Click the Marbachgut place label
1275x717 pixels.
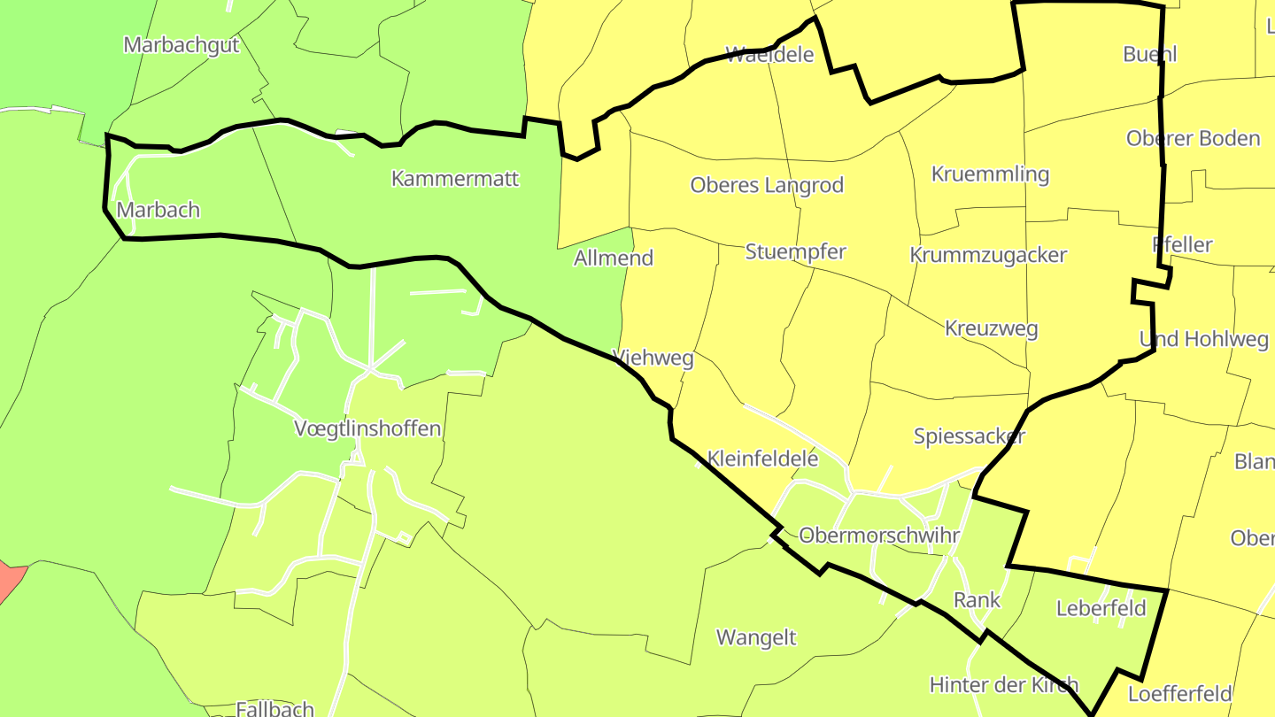click(182, 45)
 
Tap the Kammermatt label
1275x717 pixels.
click(455, 179)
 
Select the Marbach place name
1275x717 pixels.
click(158, 211)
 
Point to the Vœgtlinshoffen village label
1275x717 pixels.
click(367, 429)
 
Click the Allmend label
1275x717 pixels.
click(614, 258)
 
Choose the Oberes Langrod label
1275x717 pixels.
click(767, 186)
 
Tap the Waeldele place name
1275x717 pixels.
click(769, 55)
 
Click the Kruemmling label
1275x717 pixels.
click(990, 174)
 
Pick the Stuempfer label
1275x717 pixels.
click(795, 251)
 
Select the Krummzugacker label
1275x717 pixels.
click(988, 255)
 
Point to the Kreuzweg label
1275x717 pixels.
click(991, 329)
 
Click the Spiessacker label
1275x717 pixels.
click(970, 436)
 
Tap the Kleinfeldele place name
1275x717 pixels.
click(763, 459)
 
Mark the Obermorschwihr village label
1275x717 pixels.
click(879, 536)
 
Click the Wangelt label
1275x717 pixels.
click(756, 637)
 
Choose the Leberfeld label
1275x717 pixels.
click(1101, 609)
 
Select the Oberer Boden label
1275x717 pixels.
click(1193, 139)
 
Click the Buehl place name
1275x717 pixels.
click(1149, 54)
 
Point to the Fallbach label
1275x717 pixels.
click(275, 708)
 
